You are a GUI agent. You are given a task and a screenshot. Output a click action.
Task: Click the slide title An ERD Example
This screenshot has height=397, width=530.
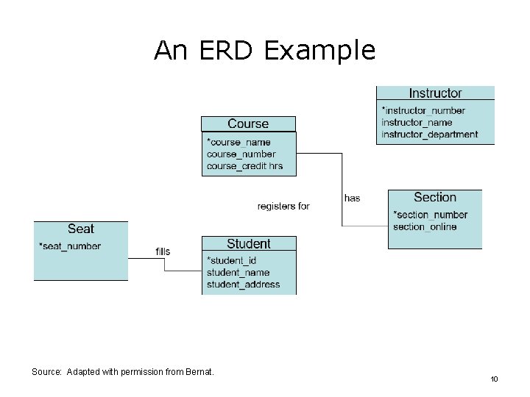264,50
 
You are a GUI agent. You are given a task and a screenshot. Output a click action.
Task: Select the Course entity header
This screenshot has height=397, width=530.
248,124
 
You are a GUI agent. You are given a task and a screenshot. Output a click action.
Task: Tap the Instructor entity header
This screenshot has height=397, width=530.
435,93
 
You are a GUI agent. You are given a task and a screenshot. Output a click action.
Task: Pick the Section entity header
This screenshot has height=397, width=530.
434,198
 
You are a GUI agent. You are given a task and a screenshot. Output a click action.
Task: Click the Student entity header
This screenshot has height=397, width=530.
248,244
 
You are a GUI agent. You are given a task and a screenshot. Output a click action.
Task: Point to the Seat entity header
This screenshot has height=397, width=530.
80,229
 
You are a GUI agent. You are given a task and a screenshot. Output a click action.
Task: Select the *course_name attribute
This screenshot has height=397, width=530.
239,143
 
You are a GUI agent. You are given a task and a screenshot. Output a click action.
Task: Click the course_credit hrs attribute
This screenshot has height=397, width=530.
244,166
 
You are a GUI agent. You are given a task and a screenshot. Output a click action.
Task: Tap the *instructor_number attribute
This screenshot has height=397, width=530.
423,111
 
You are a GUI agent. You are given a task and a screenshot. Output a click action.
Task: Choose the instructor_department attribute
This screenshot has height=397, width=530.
429,135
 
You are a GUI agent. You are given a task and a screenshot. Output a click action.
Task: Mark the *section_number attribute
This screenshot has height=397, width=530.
431,215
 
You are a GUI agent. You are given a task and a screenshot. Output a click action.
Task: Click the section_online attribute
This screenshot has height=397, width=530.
425,226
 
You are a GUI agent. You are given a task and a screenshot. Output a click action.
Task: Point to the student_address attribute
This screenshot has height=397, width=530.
243,285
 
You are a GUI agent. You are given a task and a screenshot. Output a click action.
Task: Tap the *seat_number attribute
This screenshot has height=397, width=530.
70,246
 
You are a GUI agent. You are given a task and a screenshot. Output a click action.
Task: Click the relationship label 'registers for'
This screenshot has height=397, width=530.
283,207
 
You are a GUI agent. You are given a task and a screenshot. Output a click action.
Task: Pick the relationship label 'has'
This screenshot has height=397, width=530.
352,198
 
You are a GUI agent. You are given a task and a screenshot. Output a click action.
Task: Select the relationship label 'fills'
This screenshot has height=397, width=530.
163,251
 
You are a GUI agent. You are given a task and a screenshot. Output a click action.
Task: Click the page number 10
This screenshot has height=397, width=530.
494,379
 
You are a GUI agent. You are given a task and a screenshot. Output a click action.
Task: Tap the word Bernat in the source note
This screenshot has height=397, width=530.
199,372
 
